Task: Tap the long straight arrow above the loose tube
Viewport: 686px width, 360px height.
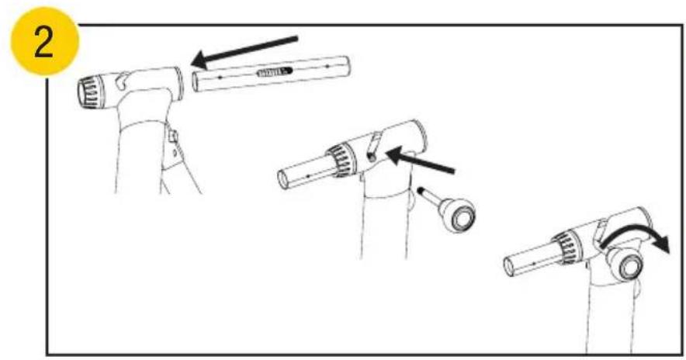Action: pyautogui.click(x=244, y=52)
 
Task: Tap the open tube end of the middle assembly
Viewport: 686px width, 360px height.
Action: pyautogui.click(x=283, y=178)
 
